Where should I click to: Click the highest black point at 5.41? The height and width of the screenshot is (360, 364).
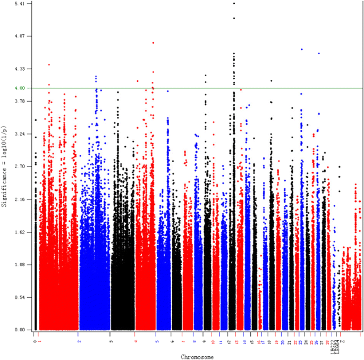(x=234, y=3)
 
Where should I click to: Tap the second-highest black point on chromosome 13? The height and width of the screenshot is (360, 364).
(x=234, y=18)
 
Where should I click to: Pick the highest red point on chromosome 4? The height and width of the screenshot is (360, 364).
(x=153, y=43)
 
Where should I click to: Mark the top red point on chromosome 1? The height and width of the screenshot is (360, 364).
(x=49, y=65)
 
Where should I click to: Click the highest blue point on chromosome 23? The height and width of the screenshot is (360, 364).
(x=302, y=49)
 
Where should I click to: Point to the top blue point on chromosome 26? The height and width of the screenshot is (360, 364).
(x=319, y=53)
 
